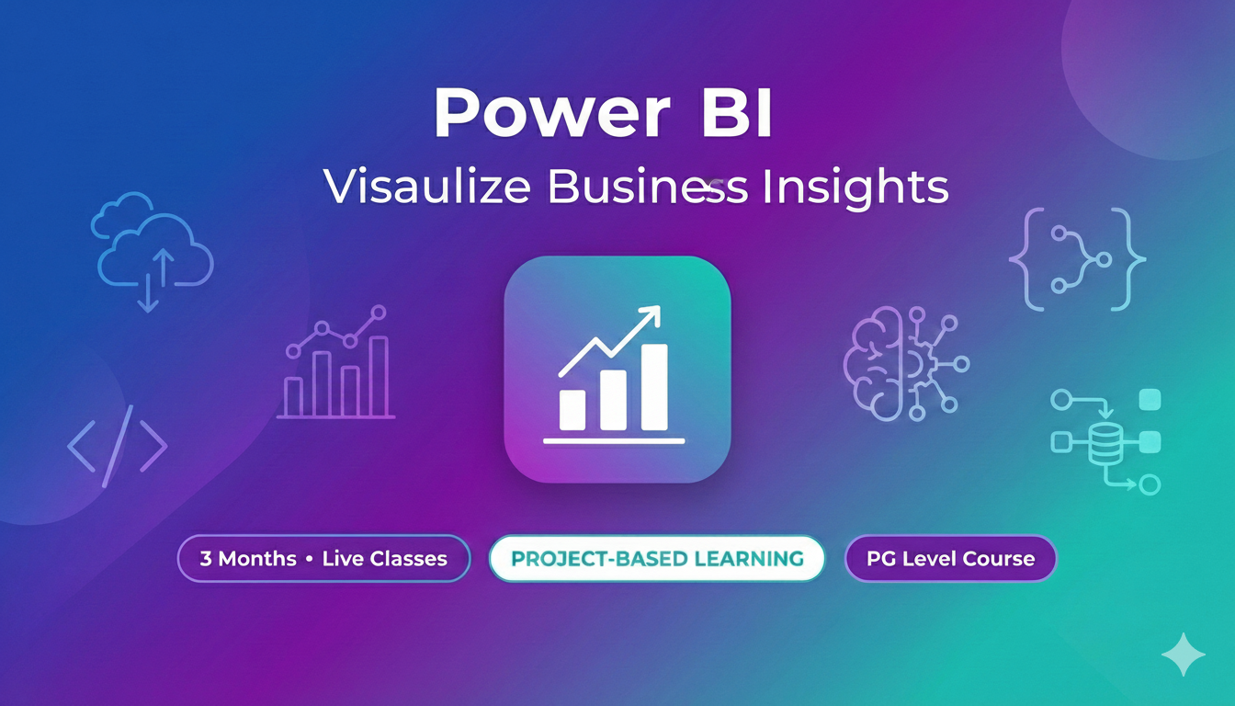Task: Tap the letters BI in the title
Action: click(735, 115)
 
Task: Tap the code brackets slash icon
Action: click(118, 445)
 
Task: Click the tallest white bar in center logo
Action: click(654, 387)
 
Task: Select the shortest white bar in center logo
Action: click(572, 410)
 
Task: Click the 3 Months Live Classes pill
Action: click(323, 558)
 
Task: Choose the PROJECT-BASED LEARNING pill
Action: click(657, 558)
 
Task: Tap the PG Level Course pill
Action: click(950, 558)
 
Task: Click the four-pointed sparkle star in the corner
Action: click(1183, 654)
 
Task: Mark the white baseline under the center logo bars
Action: click(614, 441)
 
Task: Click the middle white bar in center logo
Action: click(613, 400)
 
